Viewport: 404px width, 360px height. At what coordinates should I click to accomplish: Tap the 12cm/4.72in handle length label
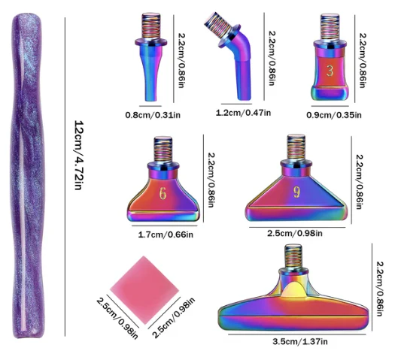[79, 156]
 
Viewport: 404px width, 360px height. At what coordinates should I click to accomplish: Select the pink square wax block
[144, 290]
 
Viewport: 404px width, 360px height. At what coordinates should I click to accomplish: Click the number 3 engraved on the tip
[330, 71]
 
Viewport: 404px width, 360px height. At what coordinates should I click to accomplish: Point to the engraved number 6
[163, 193]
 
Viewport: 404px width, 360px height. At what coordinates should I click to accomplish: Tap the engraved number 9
[296, 192]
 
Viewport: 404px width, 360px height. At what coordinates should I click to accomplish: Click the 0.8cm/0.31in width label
[153, 115]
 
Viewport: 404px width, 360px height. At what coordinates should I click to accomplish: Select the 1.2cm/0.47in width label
[243, 113]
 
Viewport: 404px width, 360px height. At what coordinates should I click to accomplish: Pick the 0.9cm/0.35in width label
[334, 115]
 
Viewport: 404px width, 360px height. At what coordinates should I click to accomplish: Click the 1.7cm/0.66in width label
[166, 234]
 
